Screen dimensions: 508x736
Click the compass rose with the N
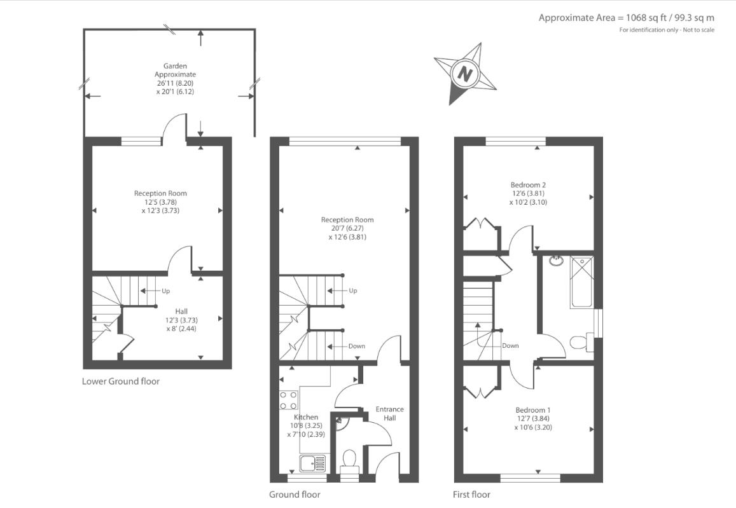point(465,73)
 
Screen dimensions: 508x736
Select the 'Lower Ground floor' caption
point(121,381)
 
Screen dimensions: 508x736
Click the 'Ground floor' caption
point(295,495)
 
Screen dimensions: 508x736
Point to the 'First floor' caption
point(471,495)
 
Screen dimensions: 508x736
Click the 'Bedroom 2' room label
point(527,185)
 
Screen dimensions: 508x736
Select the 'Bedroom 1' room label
point(528,410)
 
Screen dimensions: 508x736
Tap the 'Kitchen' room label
point(305,417)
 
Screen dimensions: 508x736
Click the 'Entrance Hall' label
point(389,413)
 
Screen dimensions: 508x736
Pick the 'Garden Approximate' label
point(175,70)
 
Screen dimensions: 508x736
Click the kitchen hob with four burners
point(288,400)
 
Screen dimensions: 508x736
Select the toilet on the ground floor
point(349,460)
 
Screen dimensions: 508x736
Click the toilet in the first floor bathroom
point(580,343)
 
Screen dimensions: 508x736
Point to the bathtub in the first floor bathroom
point(582,281)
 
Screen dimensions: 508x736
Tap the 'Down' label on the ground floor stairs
point(357,347)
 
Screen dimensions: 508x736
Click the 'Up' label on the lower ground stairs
point(165,291)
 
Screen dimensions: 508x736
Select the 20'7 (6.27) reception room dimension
point(347,228)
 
